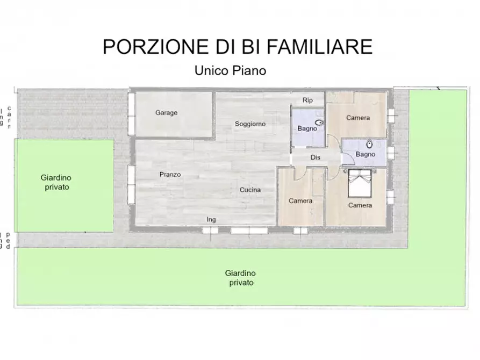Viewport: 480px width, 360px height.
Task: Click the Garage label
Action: [166, 113]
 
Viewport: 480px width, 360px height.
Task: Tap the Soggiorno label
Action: [250, 124]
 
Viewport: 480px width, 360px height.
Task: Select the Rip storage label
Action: [307, 100]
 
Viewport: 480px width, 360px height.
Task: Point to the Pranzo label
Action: [170, 174]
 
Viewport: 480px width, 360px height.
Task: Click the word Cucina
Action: [250, 190]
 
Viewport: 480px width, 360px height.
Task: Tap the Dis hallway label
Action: [316, 157]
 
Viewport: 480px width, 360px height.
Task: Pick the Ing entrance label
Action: [211, 219]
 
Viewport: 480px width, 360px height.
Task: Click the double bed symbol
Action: [360, 184]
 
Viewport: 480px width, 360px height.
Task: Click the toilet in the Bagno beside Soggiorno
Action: [320, 123]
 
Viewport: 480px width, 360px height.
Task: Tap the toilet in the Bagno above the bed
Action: [370, 144]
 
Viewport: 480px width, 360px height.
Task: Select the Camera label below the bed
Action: [360, 205]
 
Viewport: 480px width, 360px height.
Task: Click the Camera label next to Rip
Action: [357, 118]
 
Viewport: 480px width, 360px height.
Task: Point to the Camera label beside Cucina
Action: [300, 201]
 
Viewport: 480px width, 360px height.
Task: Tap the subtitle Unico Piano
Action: [230, 70]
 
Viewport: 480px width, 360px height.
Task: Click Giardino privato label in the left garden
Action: [56, 182]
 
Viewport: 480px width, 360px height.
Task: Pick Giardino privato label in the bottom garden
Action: [240, 277]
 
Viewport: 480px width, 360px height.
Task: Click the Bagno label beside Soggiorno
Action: [307, 128]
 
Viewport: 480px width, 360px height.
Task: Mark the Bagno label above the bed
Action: [365, 155]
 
